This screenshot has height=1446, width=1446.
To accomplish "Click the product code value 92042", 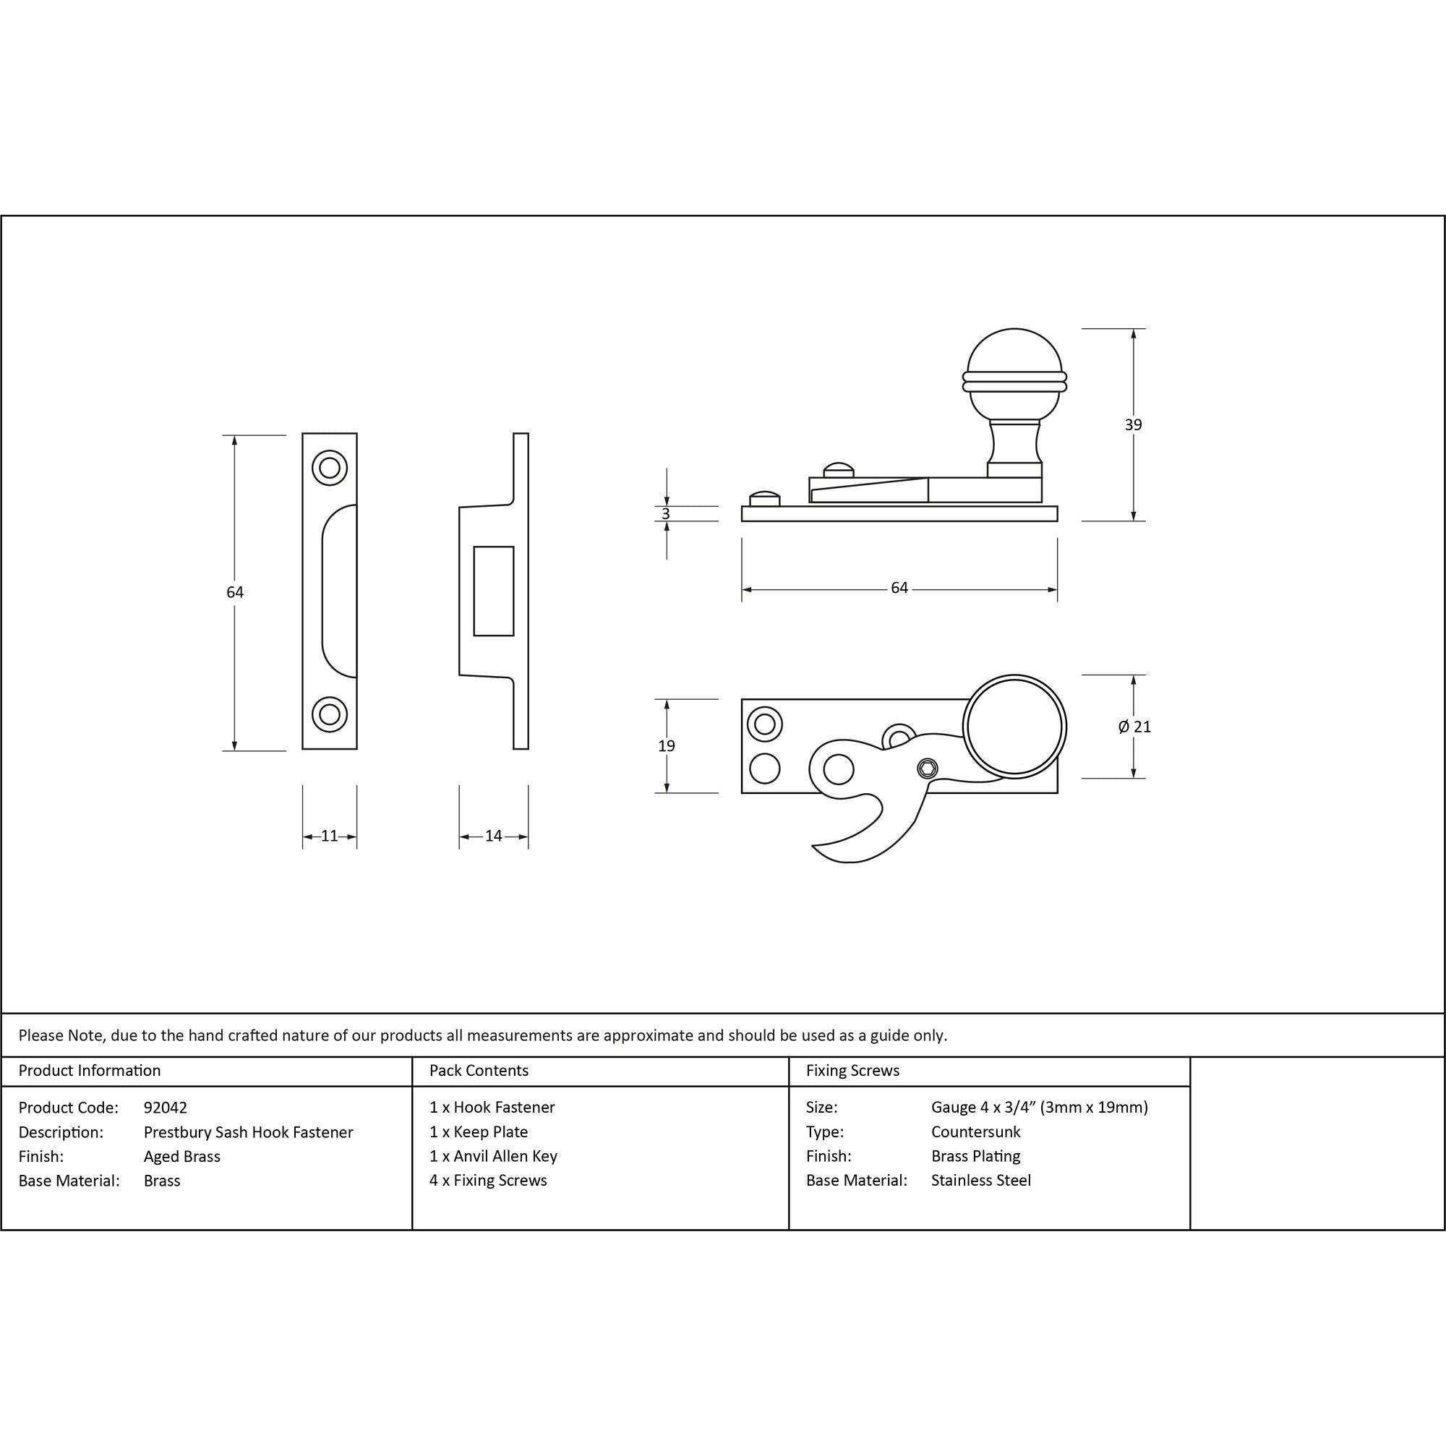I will (166, 1107).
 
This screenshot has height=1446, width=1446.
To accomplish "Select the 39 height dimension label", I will (1133, 424).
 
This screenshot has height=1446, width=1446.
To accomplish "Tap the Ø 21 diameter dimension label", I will (1134, 726).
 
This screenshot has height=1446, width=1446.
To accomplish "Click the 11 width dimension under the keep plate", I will (329, 836).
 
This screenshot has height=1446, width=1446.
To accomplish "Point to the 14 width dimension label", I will (493, 836).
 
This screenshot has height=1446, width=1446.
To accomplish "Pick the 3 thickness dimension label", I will (666, 514).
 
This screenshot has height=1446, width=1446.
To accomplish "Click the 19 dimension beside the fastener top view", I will (666, 745).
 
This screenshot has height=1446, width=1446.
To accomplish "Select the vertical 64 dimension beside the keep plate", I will (235, 592).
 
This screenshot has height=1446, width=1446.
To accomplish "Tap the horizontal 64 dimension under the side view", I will (899, 589).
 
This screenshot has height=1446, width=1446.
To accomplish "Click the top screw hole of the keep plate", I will (329, 468).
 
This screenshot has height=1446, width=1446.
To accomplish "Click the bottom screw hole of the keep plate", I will (329, 714).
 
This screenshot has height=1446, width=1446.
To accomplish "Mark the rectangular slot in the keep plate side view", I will (494, 591).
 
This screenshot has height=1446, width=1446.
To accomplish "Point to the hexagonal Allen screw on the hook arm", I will (928, 767).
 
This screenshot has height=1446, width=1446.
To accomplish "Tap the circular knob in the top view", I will (1014, 727).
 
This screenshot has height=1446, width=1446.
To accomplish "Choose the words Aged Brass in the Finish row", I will (182, 1156).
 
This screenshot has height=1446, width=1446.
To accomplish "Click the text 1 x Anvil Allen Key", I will (493, 1156).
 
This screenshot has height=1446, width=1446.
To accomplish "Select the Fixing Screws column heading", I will (852, 1071).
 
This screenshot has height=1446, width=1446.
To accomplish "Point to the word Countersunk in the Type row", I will (975, 1131).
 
